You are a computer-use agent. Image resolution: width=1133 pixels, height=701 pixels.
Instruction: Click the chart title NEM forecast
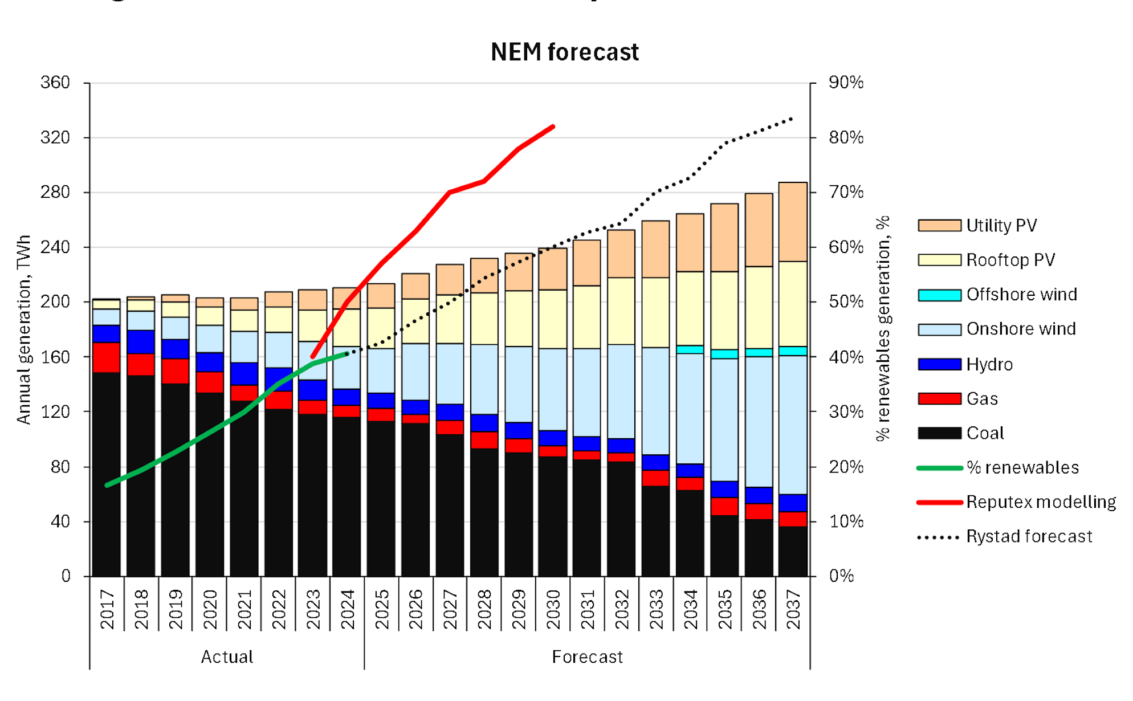pos(564,52)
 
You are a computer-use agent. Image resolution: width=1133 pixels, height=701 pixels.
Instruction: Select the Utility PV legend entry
pos(1001,226)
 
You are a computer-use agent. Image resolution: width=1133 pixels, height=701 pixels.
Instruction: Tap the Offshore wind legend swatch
pos(939,295)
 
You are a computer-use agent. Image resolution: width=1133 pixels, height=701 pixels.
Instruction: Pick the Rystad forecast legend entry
pos(1029,537)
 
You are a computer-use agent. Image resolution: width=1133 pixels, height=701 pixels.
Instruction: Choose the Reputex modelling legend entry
pos(1041,502)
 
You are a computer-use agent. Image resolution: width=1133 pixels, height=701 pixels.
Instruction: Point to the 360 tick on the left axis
pos(55,83)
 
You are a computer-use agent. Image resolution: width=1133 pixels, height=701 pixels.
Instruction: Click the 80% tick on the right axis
pos(846,138)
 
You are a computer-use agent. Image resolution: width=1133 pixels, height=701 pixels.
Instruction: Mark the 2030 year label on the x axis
pos(553,610)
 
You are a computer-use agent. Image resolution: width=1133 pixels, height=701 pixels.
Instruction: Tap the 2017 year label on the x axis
pos(107,610)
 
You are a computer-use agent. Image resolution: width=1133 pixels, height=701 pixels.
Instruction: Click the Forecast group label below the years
pos(587,657)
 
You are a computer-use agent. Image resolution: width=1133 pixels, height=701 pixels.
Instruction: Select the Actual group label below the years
pos(227,657)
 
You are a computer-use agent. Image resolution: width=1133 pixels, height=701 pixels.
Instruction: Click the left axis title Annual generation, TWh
pos(24,329)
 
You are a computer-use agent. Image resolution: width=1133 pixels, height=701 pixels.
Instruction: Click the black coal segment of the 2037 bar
pos(793,551)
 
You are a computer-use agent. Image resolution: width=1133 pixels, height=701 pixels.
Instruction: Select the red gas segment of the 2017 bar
pos(107,357)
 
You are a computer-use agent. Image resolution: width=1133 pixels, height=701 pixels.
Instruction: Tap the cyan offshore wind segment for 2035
pos(724,354)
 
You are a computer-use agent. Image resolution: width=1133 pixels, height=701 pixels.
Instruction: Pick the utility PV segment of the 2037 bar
pos(793,222)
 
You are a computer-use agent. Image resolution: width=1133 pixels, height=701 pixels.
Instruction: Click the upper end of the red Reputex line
pos(553,127)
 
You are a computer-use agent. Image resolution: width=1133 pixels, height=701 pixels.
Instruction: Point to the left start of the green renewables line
pos(107,486)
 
